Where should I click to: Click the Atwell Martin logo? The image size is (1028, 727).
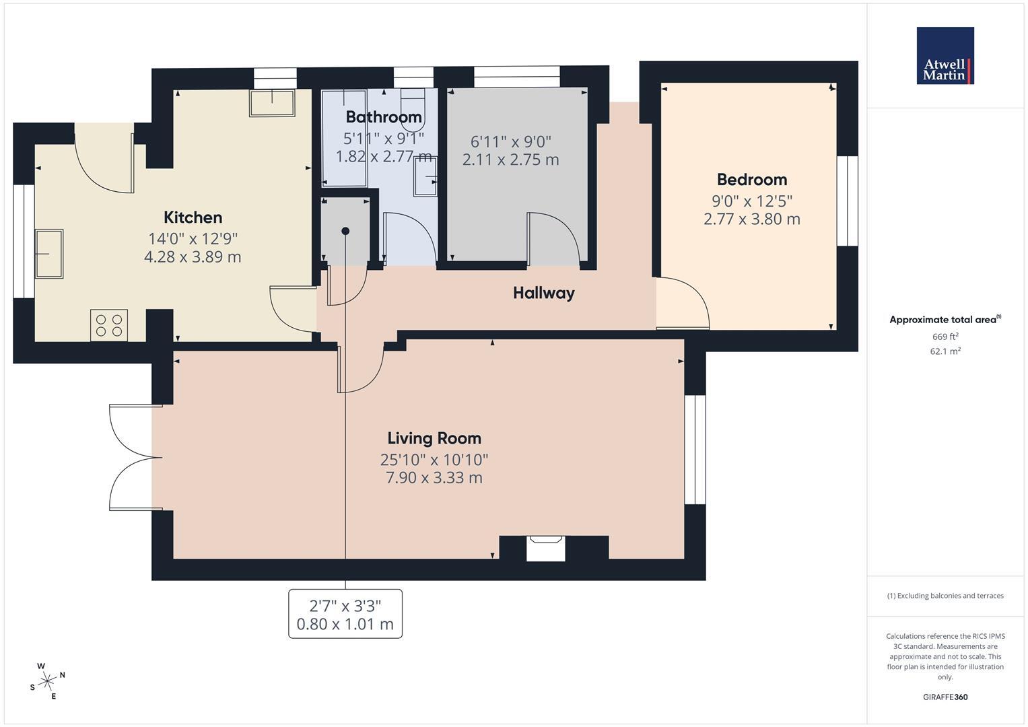coord(945,55)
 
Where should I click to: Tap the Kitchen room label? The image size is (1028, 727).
coord(193,217)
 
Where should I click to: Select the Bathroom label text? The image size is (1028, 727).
coord(384,117)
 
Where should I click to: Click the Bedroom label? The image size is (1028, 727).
coord(752,180)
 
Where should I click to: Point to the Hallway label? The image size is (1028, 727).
coord(544,293)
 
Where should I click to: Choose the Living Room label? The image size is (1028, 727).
coord(434,438)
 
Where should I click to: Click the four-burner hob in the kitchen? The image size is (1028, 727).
coord(109,325)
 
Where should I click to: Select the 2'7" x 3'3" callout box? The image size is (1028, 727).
coord(345,614)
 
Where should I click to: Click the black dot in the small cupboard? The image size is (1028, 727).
coord(345,232)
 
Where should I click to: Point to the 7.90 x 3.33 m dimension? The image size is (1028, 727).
coord(434,478)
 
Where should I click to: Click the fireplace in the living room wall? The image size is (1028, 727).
coord(546,548)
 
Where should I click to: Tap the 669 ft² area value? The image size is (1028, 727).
coord(945,337)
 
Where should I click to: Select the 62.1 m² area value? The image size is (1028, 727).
coord(945,351)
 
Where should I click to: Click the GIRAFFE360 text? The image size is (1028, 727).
coord(945,697)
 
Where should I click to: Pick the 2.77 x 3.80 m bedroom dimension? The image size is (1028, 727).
coord(752,219)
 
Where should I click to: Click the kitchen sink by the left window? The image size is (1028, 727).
coord(49,254)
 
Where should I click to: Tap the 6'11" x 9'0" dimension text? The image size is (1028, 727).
coord(511,141)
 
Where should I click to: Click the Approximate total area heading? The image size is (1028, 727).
coord(945,320)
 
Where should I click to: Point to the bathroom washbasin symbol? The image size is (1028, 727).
coord(425,176)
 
